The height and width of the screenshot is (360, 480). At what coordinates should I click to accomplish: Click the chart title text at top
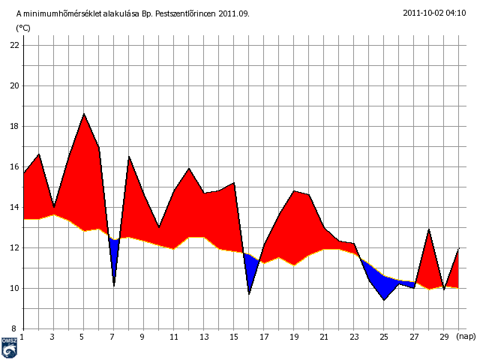[x=133, y=13]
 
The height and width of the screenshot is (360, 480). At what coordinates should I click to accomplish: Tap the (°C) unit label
[x=23, y=28]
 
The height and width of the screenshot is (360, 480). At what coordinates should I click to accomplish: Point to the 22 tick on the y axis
[x=14, y=45]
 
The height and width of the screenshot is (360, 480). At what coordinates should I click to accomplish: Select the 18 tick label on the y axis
[x=14, y=126]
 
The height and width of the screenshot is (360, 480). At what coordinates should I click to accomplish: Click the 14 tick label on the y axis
[x=14, y=207]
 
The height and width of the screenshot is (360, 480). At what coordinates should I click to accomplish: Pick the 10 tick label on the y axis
[x=14, y=288]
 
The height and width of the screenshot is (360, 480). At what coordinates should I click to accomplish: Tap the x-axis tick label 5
[x=83, y=337]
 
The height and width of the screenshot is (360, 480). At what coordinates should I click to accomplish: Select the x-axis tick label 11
[x=173, y=337]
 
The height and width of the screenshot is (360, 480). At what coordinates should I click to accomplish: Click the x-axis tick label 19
[x=294, y=337]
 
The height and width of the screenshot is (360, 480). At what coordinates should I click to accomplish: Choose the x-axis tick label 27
[x=414, y=337]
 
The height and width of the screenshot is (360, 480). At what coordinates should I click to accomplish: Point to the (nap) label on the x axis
[x=466, y=337]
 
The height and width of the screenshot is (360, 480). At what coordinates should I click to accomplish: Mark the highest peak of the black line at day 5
[x=84, y=114]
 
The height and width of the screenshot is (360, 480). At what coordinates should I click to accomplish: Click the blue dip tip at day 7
[x=114, y=285]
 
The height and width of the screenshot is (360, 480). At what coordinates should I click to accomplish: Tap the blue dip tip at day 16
[x=249, y=293]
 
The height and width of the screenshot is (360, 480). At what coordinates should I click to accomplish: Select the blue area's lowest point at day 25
[x=384, y=300]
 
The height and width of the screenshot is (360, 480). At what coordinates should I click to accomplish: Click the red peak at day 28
[x=429, y=229]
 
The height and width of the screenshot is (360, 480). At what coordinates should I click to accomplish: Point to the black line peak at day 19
[x=294, y=190]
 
